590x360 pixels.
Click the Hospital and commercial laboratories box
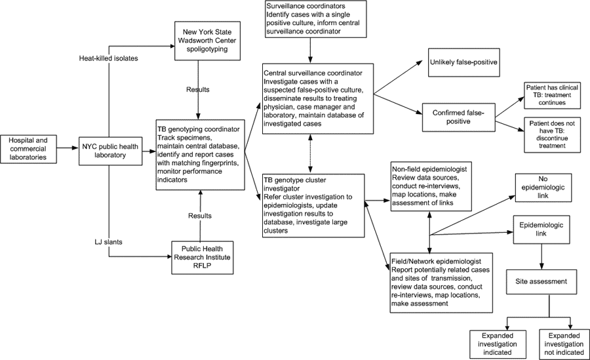[29, 149]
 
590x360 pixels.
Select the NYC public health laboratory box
[110, 151]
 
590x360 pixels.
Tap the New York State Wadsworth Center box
[207, 41]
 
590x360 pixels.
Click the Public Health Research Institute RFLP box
[202, 258]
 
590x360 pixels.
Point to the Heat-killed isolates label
[108, 58]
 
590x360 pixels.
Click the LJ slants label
[108, 242]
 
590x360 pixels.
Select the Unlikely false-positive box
[463, 62]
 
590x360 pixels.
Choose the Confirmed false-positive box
[458, 117]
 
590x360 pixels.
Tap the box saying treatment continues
[552, 95]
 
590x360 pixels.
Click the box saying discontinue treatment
[552, 135]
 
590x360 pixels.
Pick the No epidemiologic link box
[543, 188]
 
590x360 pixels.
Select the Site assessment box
[541, 282]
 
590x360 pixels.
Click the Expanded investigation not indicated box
[564, 344]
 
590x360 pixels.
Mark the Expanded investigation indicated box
[498, 344]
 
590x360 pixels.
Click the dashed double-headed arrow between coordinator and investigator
[310, 154]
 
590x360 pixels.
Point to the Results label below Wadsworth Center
[198, 90]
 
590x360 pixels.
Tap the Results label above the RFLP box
[200, 216]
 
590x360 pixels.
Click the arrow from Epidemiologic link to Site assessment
[541, 257]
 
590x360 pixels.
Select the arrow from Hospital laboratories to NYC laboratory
[68, 148]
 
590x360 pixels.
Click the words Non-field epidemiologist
[429, 169]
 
